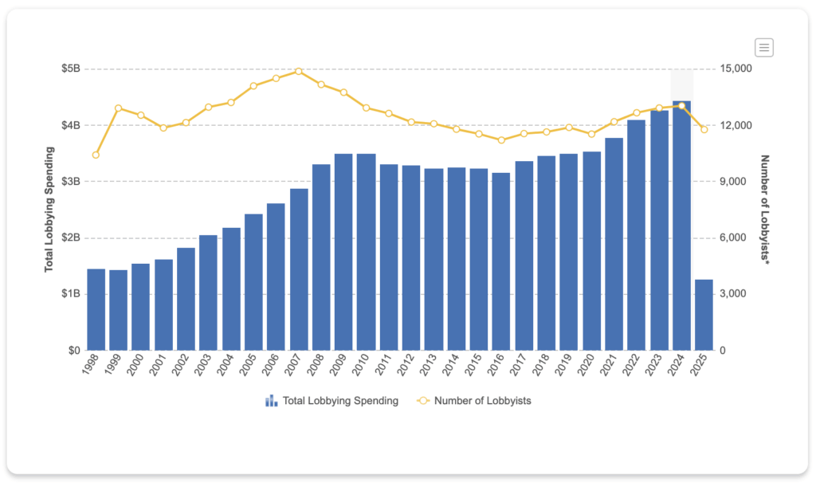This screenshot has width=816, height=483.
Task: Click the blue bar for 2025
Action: point(704,315)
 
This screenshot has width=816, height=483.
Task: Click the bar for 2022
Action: point(636,234)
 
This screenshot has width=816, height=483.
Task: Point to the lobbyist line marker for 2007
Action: point(298,71)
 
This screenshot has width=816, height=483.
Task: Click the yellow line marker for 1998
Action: point(96,155)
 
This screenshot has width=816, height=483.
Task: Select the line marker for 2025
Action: point(704,129)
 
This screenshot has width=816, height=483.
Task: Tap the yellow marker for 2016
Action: point(500,139)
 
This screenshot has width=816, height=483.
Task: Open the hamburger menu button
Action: point(764,48)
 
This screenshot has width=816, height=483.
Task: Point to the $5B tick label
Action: point(70,69)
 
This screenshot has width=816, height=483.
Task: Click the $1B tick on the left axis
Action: point(70,294)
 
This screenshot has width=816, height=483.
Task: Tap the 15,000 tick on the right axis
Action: point(736,69)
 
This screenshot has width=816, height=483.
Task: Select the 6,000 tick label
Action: point(733,238)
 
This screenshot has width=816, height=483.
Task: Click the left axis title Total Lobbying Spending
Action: point(49,209)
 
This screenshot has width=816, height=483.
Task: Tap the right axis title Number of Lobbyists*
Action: point(765,210)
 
